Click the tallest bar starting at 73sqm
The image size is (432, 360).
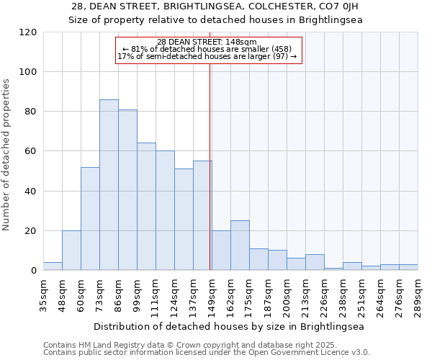pyautogui.click(x=109, y=185)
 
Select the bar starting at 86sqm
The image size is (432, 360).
pyautogui.click(x=127, y=190)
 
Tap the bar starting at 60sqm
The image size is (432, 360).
pyautogui.click(x=90, y=219)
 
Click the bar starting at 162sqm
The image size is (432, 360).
pyautogui.click(x=240, y=246)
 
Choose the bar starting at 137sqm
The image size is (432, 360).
pyautogui.click(x=202, y=216)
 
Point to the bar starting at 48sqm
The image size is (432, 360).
pyautogui.click(x=71, y=251)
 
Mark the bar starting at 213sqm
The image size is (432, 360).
pyautogui.click(x=315, y=263)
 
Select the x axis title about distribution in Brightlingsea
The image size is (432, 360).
pyautogui.click(x=229, y=326)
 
